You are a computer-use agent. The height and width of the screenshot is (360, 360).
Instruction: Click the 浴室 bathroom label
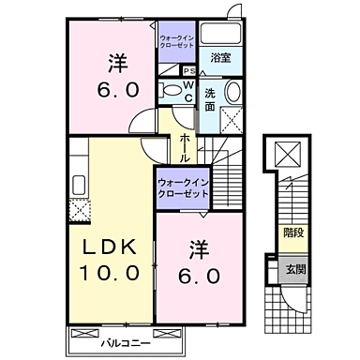221,57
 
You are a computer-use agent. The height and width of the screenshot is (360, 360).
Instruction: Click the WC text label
187,91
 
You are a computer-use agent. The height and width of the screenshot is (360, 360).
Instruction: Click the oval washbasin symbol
232,93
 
